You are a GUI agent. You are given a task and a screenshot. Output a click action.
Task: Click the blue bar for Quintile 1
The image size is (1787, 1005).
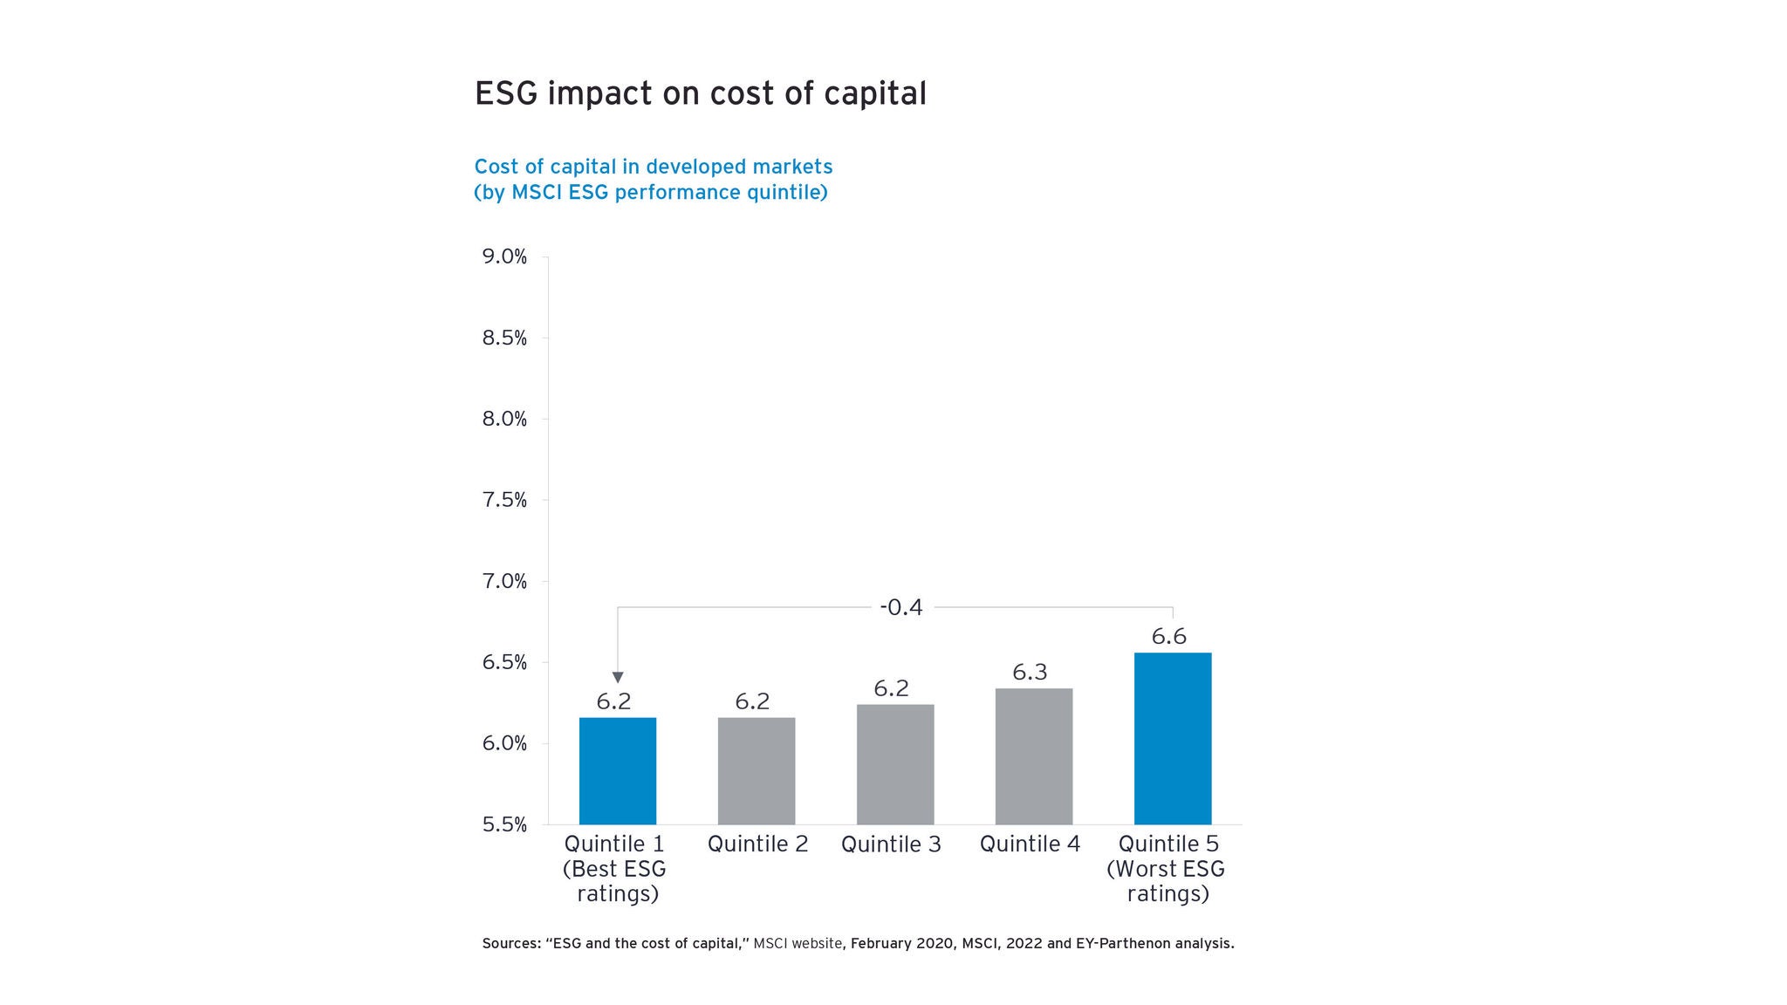coord(617,770)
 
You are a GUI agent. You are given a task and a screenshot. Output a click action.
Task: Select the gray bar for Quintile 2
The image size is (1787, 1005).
coord(756,770)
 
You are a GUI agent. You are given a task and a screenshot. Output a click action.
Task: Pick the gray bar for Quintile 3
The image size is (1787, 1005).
coord(894,764)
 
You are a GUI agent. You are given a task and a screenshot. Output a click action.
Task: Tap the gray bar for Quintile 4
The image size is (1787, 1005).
coord(1033,756)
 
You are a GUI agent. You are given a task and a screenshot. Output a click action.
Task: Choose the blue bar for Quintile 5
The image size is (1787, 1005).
coord(1172,738)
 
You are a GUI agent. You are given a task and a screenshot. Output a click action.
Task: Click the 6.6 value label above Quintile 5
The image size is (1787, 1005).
coord(1168,637)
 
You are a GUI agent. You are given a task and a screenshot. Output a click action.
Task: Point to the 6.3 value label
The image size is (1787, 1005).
coord(1030,673)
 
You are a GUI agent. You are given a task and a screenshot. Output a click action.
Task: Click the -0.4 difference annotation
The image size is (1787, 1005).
coord(900,607)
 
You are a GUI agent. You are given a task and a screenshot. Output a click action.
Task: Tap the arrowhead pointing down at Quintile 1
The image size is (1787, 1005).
coord(618,678)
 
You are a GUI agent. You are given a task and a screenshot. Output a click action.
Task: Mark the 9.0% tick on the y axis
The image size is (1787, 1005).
coord(504,256)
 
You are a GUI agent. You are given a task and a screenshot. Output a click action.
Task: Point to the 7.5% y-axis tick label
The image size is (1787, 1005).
coord(504,500)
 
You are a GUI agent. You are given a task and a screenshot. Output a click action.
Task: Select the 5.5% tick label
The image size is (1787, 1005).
coord(504,824)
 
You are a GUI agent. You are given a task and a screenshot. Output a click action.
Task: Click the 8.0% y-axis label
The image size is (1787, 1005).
coord(504,419)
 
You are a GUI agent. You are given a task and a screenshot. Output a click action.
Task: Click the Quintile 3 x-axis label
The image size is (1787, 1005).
coord(891,844)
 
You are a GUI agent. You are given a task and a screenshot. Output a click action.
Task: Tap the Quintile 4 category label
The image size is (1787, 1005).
coord(1030,844)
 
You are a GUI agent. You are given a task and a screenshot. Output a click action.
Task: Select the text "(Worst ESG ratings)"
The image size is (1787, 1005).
coord(1167,881)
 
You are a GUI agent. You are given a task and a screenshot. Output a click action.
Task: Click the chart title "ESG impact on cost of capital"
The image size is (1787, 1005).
coord(700,93)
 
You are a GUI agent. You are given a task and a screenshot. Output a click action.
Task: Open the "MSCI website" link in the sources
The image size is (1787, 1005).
coord(798,943)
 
